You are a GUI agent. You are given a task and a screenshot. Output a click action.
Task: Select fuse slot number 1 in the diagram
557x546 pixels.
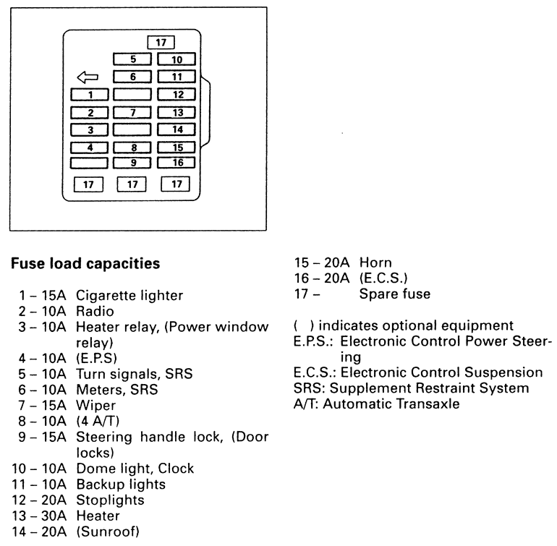90,94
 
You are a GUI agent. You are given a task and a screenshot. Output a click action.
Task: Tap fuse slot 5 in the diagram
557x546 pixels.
132,59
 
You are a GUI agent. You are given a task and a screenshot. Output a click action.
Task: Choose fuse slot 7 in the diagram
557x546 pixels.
132,112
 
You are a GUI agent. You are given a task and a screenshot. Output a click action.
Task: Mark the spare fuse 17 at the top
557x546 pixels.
161,42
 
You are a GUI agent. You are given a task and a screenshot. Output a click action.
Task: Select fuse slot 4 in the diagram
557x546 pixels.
90,148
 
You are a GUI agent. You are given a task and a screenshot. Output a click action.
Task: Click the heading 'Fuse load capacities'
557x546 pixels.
85,264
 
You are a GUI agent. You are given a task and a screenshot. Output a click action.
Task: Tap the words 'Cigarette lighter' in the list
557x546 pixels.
129,295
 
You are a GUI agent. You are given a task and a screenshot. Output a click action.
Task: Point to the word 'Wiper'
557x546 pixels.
94,405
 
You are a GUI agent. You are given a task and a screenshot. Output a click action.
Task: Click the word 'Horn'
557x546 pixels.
376,262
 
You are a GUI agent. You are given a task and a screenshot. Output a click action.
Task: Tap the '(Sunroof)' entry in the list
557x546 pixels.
108,532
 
